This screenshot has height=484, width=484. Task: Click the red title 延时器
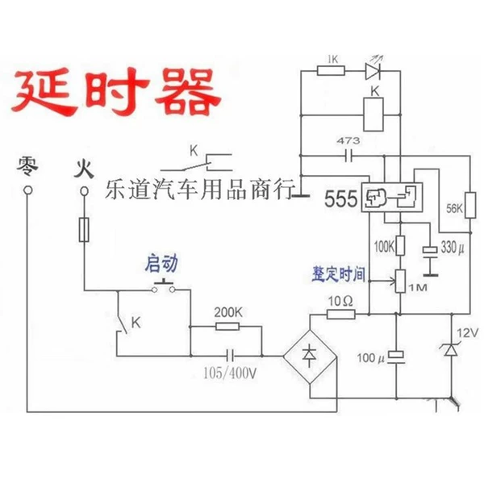coord(115,91)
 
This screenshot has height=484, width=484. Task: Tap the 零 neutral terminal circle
coord(27,190)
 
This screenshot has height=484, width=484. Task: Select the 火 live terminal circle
coord(84,191)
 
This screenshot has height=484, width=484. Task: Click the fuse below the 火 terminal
coord(84,229)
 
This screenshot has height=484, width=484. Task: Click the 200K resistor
coord(227,326)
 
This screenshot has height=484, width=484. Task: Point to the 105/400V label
coord(230,373)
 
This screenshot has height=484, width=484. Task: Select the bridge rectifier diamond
coord(310,357)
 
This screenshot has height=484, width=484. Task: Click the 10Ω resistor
coord(340,315)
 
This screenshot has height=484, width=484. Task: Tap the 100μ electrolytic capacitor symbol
coord(396,357)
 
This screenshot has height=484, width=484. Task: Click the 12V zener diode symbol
coord(451,349)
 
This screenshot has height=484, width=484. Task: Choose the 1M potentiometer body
coord(400,281)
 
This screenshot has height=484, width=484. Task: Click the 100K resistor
coord(400,245)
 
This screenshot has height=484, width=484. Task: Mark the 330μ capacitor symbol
coord(430,250)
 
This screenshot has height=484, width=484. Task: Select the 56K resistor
coord(470,205)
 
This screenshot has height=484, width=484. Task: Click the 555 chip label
coord(340,198)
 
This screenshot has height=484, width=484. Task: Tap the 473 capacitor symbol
coord(348,156)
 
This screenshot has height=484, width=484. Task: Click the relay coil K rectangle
coord(373,115)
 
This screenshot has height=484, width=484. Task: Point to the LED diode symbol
coord(373,71)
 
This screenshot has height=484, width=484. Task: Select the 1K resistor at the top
coord(331,71)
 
